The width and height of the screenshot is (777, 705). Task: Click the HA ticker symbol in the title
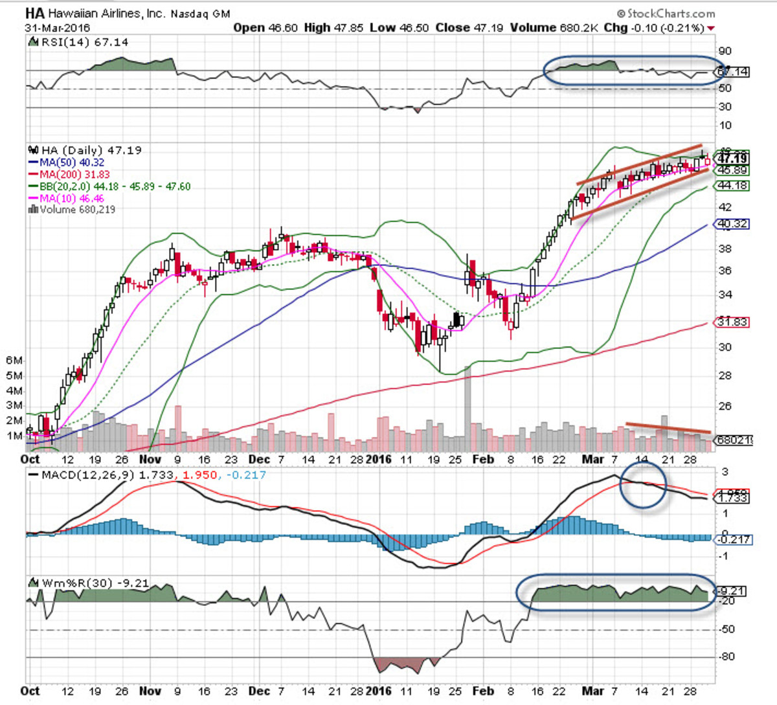(x=35, y=13)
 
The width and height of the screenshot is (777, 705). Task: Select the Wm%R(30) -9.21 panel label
(x=95, y=583)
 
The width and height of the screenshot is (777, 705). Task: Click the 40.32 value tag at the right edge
(x=732, y=224)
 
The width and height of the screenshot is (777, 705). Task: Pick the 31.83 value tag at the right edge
(x=732, y=322)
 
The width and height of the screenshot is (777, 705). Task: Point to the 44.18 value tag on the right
(x=732, y=186)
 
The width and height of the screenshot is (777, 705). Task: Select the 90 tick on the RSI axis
(x=725, y=51)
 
